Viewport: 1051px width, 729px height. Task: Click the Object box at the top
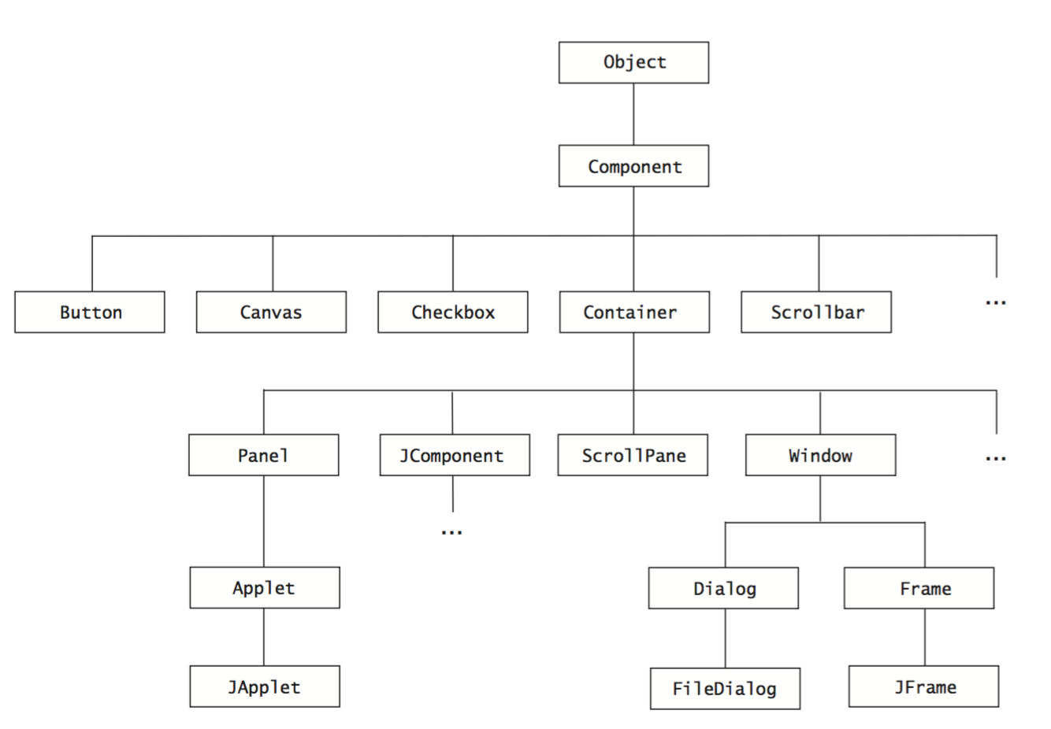[x=633, y=63]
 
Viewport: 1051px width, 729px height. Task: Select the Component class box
[x=633, y=166]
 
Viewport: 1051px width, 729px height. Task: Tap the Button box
[x=90, y=313]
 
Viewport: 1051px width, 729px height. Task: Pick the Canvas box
[x=271, y=313]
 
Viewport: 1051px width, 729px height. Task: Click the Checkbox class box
[x=453, y=313]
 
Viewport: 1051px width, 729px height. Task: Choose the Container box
[x=634, y=313]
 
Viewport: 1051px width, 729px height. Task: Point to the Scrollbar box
[x=816, y=313]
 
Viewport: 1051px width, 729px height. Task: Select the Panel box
[x=264, y=455]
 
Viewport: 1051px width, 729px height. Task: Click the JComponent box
[x=455, y=455]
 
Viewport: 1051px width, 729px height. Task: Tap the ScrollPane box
[x=633, y=455]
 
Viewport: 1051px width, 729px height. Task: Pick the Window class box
[x=820, y=455]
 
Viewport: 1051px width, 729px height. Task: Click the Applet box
[x=265, y=588]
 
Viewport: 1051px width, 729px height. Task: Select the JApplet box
[x=265, y=686]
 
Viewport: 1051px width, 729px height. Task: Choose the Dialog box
[x=723, y=588]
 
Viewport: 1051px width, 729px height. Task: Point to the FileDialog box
[x=725, y=689]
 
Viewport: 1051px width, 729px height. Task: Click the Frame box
[x=919, y=588]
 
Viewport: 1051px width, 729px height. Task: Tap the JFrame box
[x=923, y=686]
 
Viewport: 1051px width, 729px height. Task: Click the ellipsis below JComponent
[x=451, y=533]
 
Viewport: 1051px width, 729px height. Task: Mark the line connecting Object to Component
[x=633, y=114]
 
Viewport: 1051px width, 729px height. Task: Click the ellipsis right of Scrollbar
[x=996, y=302]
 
